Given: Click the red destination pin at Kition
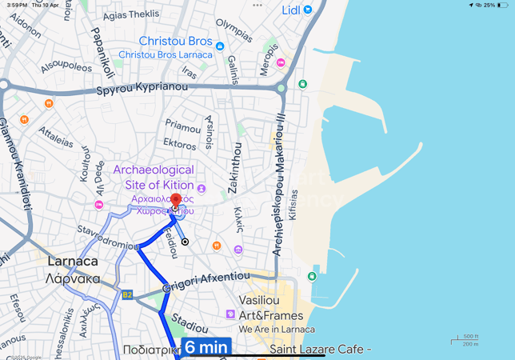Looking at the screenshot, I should point(175,200).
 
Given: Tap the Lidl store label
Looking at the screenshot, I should point(290,10).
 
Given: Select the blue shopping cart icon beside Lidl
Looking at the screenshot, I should point(308,10).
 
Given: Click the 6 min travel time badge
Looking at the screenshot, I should point(206,348).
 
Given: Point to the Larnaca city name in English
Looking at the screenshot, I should point(73,262).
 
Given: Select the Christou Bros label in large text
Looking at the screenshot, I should point(176,41).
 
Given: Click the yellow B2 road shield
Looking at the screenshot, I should point(126,294).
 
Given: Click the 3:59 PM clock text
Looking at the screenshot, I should point(16,5).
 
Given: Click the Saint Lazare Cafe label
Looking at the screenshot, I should point(320,350).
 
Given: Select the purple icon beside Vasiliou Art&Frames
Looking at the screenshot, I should point(231,314).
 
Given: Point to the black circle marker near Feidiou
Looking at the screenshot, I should point(185,242).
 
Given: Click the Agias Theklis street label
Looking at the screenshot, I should point(131,14).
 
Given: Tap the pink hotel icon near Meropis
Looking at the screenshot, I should point(280,62).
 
